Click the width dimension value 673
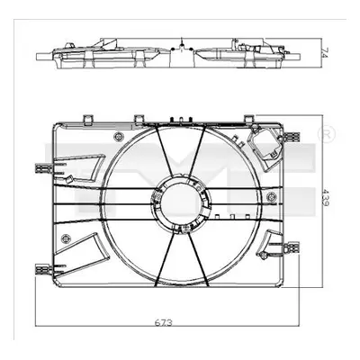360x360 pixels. tap(164, 323)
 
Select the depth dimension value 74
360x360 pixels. tap(326, 52)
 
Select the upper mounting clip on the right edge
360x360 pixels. tap(292, 137)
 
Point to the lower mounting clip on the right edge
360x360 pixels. tap(292, 247)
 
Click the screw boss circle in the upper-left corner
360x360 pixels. tap(119, 137)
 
